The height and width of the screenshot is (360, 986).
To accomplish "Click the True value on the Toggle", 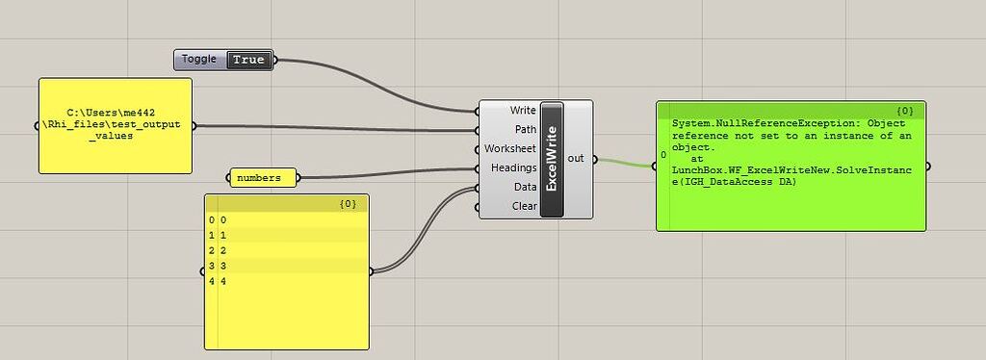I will [x=248, y=60].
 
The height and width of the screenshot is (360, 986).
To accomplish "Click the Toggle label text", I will [x=199, y=60].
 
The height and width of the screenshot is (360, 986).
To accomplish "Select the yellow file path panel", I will [x=116, y=125].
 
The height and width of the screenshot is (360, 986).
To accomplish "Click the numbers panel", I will [x=262, y=177].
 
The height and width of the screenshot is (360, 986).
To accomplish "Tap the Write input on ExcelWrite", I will [x=523, y=110].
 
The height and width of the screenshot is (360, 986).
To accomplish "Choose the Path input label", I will [x=526, y=129].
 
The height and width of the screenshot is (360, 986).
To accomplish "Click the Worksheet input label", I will [x=510, y=148].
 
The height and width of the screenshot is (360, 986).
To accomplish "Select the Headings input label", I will [x=513, y=167].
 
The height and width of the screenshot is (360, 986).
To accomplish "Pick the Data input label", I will [x=525, y=187].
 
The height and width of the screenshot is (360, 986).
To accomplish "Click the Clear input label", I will [x=525, y=206].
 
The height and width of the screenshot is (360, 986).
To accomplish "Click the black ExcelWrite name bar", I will [x=552, y=159].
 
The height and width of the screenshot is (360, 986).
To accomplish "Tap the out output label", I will [x=576, y=158].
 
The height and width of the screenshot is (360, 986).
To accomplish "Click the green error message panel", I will [x=791, y=183].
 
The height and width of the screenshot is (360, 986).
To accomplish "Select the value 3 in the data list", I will [x=224, y=265].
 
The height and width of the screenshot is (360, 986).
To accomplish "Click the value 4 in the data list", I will [x=224, y=280].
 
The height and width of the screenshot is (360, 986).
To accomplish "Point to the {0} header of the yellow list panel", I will [x=349, y=203].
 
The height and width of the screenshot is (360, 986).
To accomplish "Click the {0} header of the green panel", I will [x=905, y=111].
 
